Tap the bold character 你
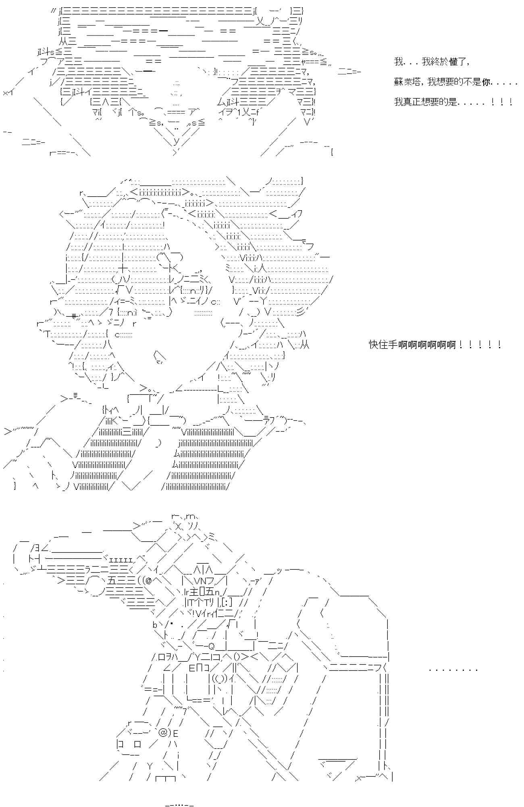486,82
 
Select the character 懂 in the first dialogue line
453,62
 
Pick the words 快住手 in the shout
383,345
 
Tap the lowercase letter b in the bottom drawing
155,625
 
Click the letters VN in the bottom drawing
200,581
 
